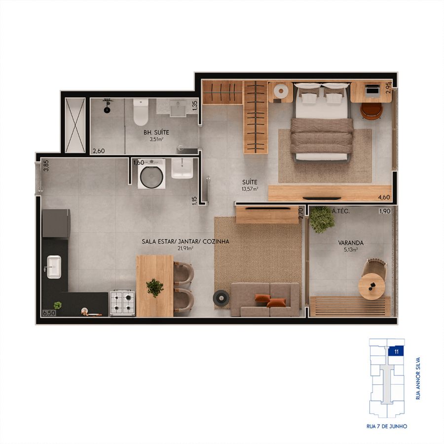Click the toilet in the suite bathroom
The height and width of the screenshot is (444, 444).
point(141,112)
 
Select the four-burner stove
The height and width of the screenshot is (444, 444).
point(122,303)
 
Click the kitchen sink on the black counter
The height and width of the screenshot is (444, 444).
point(54,267)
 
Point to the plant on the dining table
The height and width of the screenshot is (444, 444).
point(155,288)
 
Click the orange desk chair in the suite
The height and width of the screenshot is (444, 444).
point(371,111)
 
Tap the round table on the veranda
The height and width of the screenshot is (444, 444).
point(371,286)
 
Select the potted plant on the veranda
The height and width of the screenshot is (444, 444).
point(322,220)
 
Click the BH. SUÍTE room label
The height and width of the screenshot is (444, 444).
point(156,132)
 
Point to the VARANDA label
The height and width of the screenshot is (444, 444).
point(351,243)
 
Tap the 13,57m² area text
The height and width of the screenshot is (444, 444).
point(250,189)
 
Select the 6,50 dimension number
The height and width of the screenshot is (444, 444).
point(49,313)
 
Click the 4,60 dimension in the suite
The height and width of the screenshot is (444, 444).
point(384,197)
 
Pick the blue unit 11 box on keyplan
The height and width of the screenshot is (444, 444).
point(396,351)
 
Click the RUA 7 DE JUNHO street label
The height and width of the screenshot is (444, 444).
point(387,426)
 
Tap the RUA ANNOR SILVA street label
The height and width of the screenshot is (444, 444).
point(418,378)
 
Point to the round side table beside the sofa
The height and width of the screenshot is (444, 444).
point(221,298)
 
